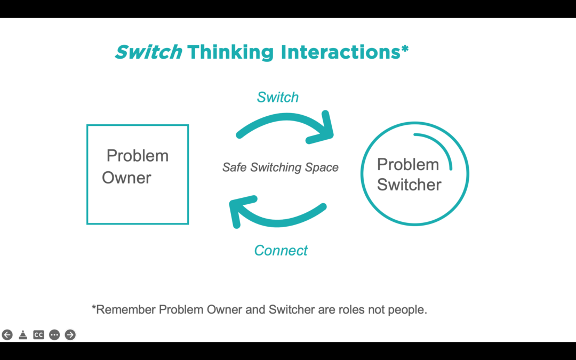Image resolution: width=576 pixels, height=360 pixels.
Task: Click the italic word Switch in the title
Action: coord(148,52)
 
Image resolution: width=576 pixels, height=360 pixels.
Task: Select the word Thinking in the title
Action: coord(230,52)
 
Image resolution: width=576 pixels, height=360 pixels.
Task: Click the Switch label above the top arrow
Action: coord(277,97)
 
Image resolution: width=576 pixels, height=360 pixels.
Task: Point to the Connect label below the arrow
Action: coord(281,250)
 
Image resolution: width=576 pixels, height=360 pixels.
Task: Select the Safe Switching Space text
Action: coord(280,167)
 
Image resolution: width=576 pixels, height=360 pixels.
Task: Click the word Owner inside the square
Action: coord(126,178)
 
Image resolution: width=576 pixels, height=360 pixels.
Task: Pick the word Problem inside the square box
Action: coord(137,156)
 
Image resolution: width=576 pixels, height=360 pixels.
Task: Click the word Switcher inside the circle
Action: coord(409,185)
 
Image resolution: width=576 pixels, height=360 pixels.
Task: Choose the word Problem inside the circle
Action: coord(408,164)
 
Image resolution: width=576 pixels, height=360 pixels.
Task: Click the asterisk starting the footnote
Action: coord(94,308)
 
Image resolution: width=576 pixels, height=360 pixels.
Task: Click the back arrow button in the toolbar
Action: coord(7,334)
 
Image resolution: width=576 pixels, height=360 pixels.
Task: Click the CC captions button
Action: coord(38,334)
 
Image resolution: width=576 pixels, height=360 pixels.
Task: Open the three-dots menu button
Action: coord(54,334)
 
